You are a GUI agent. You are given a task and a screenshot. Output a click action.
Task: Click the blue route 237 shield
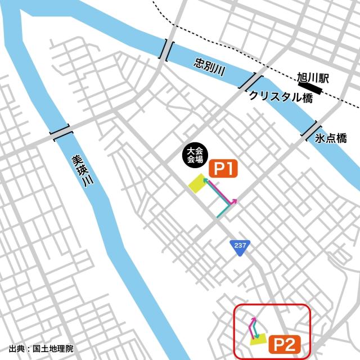coord(240,247)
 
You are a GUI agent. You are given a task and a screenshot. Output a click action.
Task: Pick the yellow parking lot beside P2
coord(258,339)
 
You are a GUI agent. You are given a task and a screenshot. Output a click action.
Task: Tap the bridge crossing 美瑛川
coord(61,133)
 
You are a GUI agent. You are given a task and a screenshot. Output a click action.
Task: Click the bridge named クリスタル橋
coord(251,82)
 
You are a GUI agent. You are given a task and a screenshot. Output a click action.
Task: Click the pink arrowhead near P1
coord(234,201)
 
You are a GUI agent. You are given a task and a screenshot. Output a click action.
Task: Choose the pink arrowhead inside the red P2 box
coord(254,319)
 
